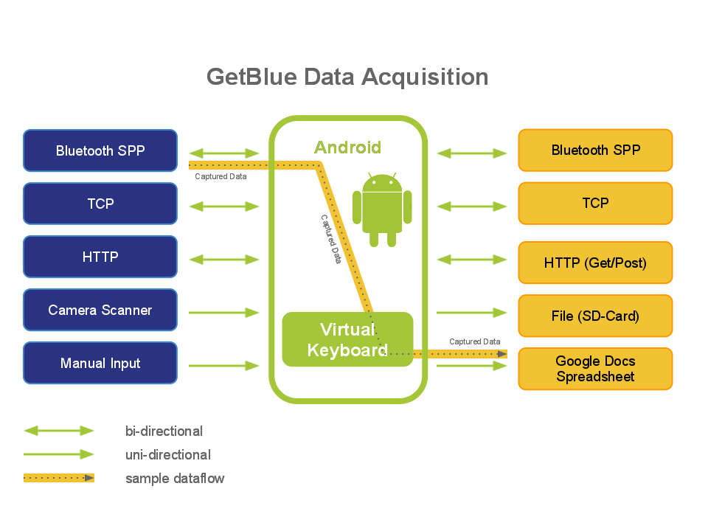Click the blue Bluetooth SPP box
click(100, 150)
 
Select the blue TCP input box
click(100, 204)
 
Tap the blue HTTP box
click(100, 257)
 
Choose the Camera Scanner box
click(100, 310)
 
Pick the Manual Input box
click(100, 363)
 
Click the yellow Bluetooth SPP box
click(595, 150)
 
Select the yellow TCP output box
click(595, 203)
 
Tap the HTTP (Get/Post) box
click(595, 263)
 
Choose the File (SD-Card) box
click(595, 316)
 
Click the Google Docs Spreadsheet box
click(595, 369)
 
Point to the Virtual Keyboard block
click(347, 339)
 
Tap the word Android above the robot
click(347, 147)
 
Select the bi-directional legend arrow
click(59, 431)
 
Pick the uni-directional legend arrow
click(59, 454)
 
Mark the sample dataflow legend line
click(59, 478)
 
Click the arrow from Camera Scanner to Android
click(224, 313)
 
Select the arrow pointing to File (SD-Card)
click(472, 313)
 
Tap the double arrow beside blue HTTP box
click(224, 260)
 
